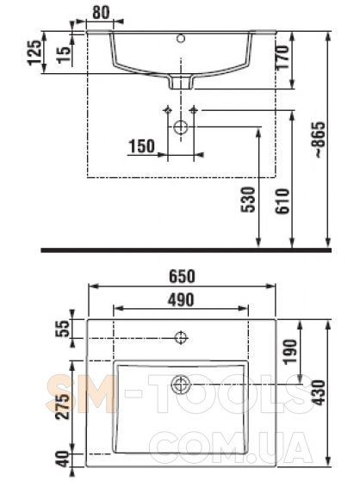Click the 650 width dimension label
point(182,276)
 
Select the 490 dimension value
point(181,299)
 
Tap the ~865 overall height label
point(320,139)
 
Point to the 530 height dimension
point(248,200)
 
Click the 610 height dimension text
point(282,201)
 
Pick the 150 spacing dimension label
point(141,146)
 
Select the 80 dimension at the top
point(101,12)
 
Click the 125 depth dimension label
point(34,52)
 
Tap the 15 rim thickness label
point(65,55)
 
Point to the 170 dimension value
point(282,58)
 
